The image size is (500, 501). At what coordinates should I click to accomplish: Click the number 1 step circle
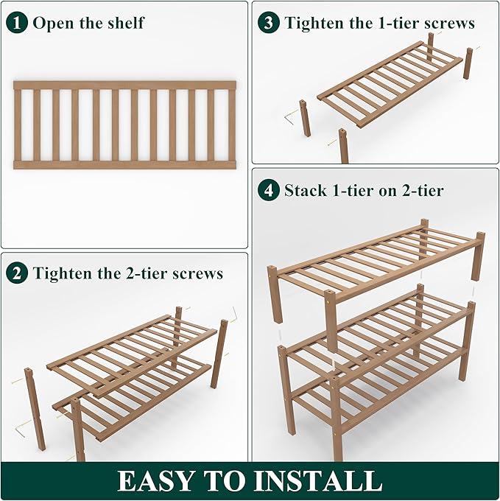[18, 22]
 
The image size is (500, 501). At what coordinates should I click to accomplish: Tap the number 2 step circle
[18, 273]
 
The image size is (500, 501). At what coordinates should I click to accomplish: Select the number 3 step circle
[269, 22]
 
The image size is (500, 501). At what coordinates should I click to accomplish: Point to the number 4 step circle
[269, 190]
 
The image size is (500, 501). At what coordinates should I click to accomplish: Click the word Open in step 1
[52, 23]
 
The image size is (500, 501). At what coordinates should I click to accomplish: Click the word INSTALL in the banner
[321, 481]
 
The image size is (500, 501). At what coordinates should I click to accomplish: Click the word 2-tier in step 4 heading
[417, 191]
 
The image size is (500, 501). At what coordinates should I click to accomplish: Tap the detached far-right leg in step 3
[468, 63]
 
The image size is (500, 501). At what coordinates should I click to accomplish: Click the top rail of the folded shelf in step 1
[124, 85]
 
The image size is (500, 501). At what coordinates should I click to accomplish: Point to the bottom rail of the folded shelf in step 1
[124, 165]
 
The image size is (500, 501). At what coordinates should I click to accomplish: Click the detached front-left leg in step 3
[304, 118]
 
